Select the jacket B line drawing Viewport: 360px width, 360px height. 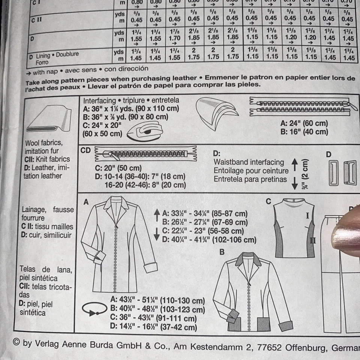click(x=251, y=292)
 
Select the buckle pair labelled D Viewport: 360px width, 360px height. click(x=342, y=172)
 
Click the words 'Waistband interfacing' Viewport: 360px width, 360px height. click(x=249, y=162)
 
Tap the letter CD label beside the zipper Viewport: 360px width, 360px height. click(x=86, y=150)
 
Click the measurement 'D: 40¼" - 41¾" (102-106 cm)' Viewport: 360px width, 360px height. click(x=209, y=240)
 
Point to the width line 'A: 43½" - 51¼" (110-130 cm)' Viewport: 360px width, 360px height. click(x=157, y=301)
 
